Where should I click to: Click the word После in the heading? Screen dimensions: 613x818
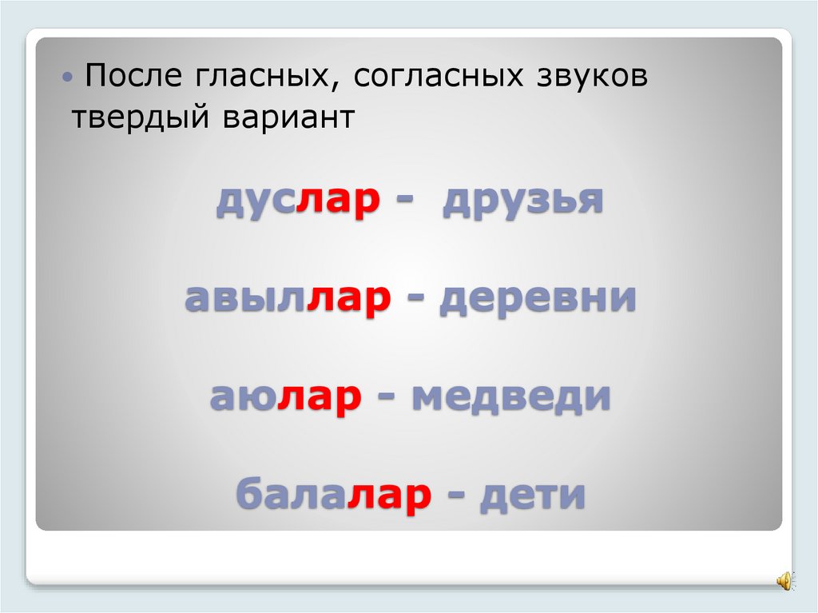pyautogui.click(x=133, y=78)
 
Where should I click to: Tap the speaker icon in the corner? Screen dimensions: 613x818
pyautogui.click(x=784, y=580)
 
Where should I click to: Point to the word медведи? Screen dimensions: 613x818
pyautogui.click(x=511, y=397)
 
